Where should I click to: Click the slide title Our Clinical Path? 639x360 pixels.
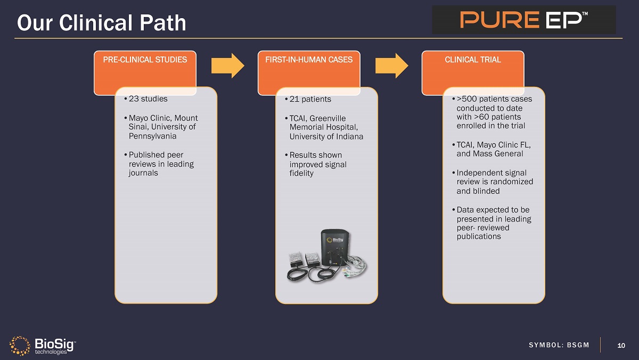point(101,22)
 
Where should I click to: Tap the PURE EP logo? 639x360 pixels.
point(524,20)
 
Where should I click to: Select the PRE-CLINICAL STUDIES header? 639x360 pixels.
point(145,60)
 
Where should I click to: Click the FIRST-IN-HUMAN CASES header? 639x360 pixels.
point(309,60)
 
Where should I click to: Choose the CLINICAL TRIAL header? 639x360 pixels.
point(473,60)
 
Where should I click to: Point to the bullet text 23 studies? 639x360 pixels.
point(148,99)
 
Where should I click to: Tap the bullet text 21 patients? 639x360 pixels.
point(310,99)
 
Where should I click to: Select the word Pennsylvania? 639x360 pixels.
point(152,136)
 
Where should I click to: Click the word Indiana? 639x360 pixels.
point(349,136)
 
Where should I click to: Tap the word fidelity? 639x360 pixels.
point(301,173)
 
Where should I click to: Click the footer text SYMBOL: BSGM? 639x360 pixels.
point(559,345)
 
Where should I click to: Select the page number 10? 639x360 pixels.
point(621,345)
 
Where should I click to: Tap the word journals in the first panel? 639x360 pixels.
point(143,173)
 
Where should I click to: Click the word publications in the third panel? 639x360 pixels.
point(479,236)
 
